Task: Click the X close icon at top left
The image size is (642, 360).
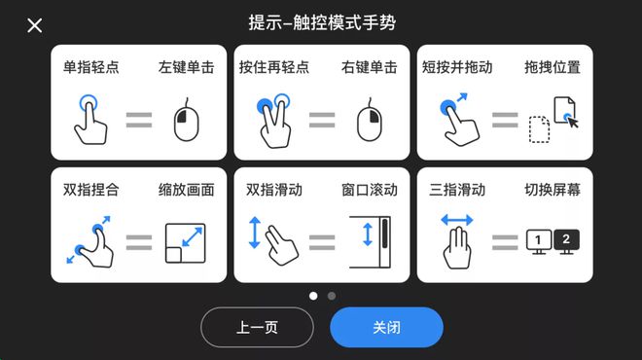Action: tap(34, 25)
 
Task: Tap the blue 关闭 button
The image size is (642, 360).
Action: tap(386, 327)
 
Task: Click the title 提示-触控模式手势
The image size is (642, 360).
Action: tap(322, 22)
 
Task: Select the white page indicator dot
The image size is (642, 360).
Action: tap(313, 296)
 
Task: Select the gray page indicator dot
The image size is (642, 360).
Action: tap(332, 296)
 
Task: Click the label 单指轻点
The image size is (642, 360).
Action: tap(90, 67)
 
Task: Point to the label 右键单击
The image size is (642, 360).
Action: tap(370, 67)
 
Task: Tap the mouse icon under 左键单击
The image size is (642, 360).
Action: tap(187, 120)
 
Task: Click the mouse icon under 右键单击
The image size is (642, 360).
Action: tap(370, 120)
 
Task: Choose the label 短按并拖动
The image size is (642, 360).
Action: tap(457, 67)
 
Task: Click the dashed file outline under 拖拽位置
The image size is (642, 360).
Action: tap(539, 129)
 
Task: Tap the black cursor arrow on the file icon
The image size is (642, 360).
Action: tap(573, 122)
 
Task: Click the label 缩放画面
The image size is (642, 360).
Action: tap(187, 190)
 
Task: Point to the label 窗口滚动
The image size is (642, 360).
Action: tap(370, 190)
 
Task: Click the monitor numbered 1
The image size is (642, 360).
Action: tap(539, 241)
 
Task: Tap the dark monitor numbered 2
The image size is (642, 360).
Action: tap(566, 241)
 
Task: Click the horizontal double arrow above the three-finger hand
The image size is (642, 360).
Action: tap(457, 220)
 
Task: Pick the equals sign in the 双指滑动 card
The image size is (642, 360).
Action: tap(322, 242)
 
